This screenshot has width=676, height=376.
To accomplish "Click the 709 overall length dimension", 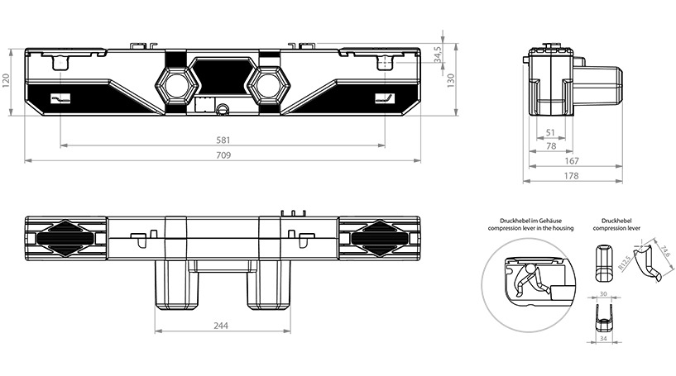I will coord(223,155).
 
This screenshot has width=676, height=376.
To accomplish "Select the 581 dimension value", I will coord(223,140).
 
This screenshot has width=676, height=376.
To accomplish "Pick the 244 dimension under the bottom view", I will coord(221,326).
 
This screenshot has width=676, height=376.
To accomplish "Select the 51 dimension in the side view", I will coord(550,132).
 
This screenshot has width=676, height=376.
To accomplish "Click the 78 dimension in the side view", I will coord(550,146).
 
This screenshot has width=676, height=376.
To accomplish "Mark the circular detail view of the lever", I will coord(526,276).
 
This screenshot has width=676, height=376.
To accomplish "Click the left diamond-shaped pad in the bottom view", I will coord(67,238).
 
